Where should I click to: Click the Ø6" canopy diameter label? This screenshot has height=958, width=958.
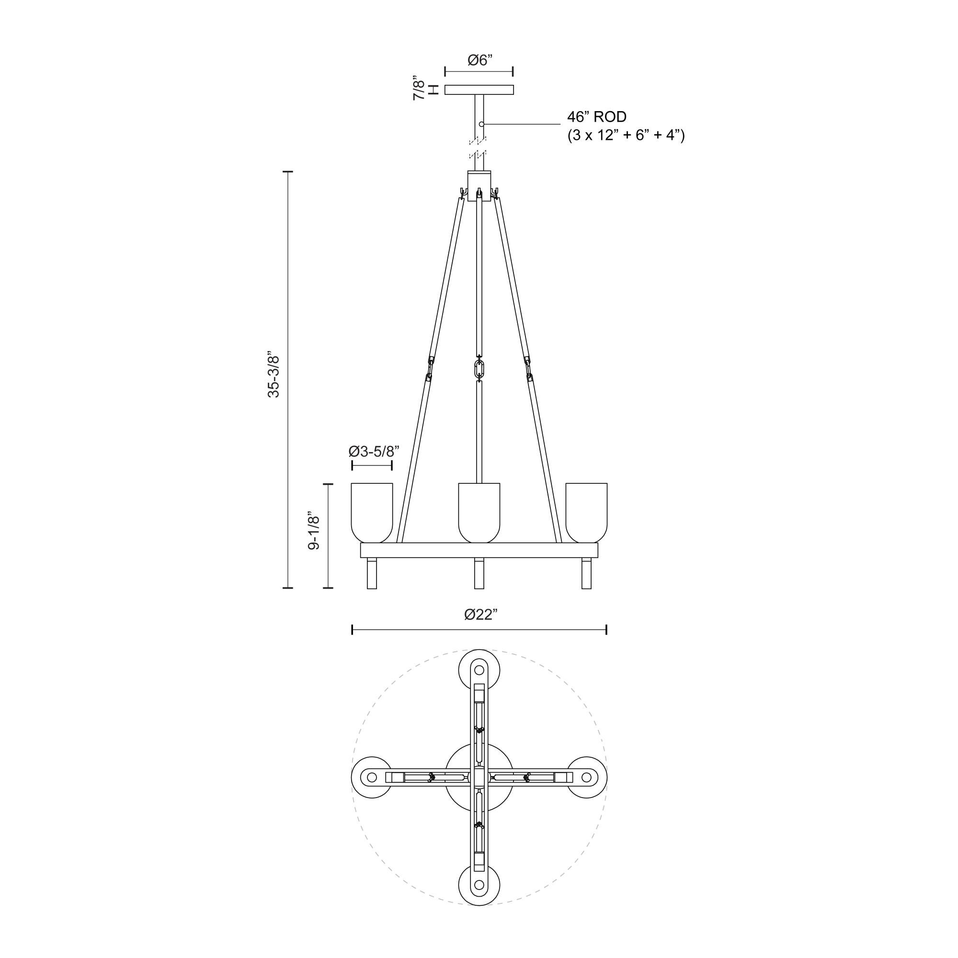[x=479, y=60]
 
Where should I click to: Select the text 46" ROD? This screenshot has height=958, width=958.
[x=596, y=117]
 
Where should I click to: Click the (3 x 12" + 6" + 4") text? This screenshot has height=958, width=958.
[x=626, y=136]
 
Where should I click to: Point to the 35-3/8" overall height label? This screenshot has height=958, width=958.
[x=274, y=376]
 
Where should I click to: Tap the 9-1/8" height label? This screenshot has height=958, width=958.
[x=314, y=531]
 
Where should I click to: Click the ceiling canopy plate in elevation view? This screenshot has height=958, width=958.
[x=479, y=90]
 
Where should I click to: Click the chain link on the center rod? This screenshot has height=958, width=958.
[x=479, y=369]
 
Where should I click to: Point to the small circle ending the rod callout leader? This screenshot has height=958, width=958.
[x=481, y=124]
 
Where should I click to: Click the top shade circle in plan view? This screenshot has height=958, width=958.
[x=479, y=670]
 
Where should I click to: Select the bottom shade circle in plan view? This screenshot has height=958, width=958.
[x=479, y=885]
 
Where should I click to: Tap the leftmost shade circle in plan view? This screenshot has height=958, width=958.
[x=372, y=777]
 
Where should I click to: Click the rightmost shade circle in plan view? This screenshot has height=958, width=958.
[x=587, y=777]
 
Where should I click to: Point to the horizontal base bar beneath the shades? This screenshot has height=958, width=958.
[x=479, y=550]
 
